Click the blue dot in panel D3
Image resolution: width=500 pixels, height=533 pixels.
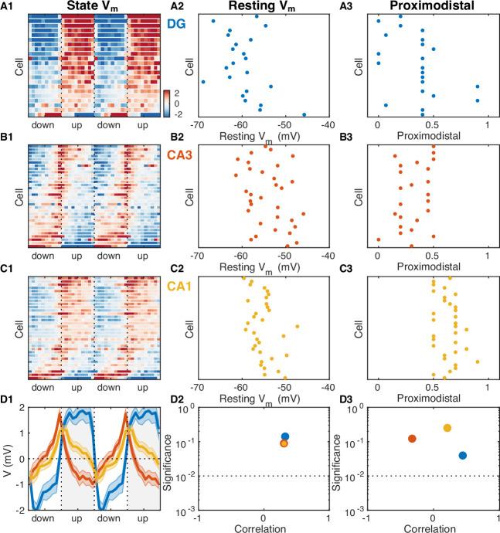(462, 456)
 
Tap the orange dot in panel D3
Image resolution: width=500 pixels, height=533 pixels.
(412, 439)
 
